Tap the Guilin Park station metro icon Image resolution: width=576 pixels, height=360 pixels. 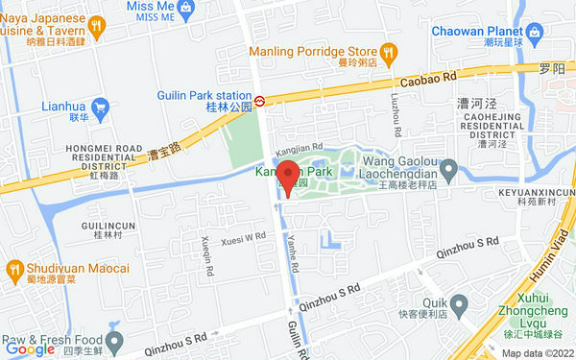tap(260, 99)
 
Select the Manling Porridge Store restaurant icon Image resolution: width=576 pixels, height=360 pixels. tap(388, 51)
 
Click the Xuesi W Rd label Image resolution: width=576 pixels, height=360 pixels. tap(243, 237)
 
